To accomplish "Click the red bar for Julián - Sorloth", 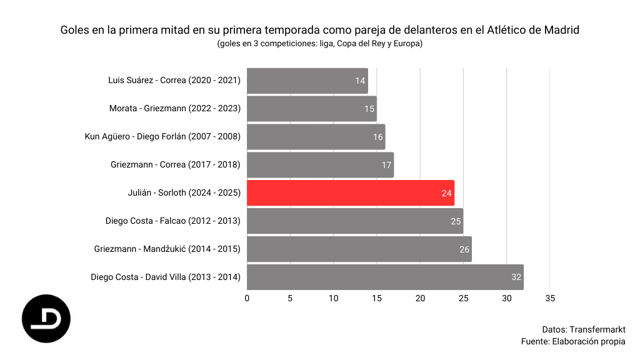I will click(350, 193).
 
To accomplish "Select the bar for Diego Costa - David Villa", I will click(384, 277).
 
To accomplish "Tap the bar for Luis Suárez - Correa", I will click(307, 81).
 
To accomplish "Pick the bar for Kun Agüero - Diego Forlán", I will click(316, 137).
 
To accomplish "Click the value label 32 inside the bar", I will click(516, 277).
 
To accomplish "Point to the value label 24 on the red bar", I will click(446, 193).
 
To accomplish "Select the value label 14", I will click(360, 81).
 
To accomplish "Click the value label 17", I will click(386, 165).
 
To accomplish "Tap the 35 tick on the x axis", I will click(549, 298).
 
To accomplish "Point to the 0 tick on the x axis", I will click(247, 298).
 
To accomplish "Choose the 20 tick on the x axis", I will click(420, 298).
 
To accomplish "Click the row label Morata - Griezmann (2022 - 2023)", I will click(175, 108).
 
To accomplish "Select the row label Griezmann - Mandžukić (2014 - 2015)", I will click(167, 248).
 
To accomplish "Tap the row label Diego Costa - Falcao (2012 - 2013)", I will click(173, 221).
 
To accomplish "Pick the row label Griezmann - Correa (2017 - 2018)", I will click(176, 164).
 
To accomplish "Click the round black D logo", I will click(46, 319).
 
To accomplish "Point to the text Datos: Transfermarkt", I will click(584, 329).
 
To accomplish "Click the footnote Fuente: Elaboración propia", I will click(573, 341).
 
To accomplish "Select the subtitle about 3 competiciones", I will click(319, 44).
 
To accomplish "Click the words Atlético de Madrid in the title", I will click(533, 30).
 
